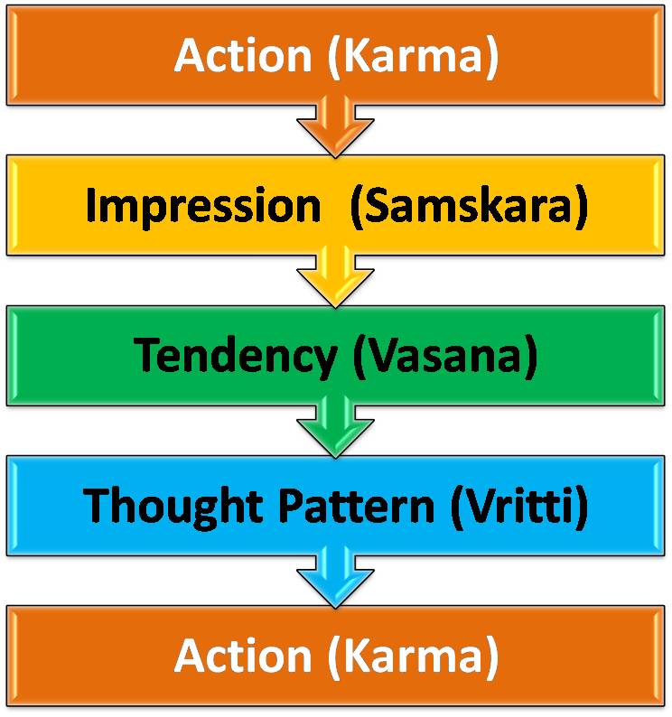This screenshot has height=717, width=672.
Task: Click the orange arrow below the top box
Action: coord(336,127)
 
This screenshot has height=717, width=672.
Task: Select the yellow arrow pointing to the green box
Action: coord(336,278)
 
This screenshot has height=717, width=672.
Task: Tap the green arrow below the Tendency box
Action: coord(336,428)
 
